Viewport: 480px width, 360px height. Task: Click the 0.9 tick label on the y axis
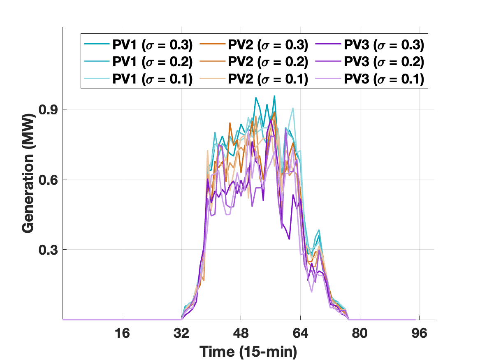pyautogui.click(x=46, y=110)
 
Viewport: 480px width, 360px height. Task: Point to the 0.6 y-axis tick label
pyautogui.click(x=46, y=180)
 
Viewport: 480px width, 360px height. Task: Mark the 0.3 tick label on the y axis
pyautogui.click(x=46, y=250)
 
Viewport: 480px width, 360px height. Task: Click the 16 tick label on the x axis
pyautogui.click(x=122, y=333)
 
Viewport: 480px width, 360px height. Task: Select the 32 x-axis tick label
pyautogui.click(x=182, y=333)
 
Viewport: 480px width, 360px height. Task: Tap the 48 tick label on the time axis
pyautogui.click(x=241, y=333)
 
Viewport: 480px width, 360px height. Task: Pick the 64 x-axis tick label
pyautogui.click(x=301, y=333)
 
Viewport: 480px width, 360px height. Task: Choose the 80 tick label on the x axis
pyautogui.click(x=360, y=333)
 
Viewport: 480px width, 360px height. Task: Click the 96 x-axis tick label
pyautogui.click(x=419, y=333)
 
